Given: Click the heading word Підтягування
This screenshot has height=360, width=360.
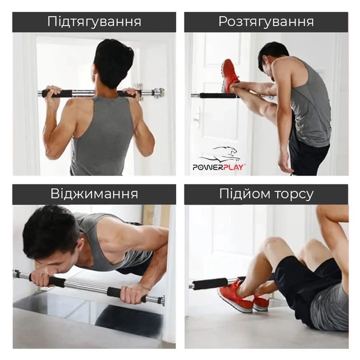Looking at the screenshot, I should pos(94,22).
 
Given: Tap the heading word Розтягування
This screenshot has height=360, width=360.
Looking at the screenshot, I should pos(266,22).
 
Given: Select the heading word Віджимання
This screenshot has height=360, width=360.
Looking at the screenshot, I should pos(94,194).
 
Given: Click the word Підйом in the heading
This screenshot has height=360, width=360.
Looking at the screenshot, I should pos(243,194).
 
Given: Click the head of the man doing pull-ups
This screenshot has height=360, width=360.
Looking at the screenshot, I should pos(114,62).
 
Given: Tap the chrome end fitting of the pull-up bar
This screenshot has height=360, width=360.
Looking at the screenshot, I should pos(156,93).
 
